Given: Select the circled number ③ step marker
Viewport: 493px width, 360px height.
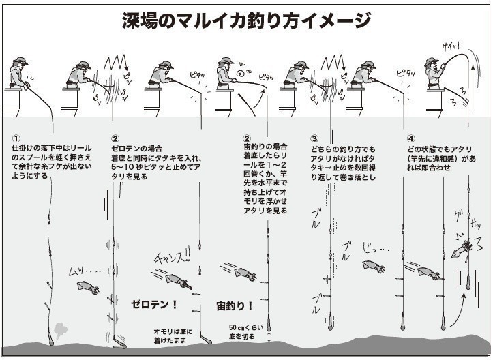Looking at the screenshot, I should click(x=314, y=138).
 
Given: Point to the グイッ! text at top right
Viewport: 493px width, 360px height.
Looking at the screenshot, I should click(x=451, y=46).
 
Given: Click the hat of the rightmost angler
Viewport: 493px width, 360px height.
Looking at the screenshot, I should click(x=430, y=61).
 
